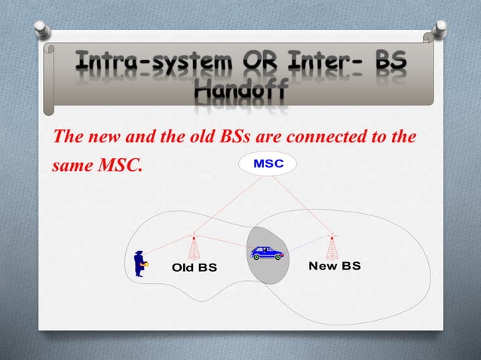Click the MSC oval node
point(267,163)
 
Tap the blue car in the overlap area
point(268,253)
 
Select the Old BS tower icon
point(194,246)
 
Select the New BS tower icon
point(332,246)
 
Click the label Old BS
point(195,267)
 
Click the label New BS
point(335,267)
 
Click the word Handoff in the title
point(240,93)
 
